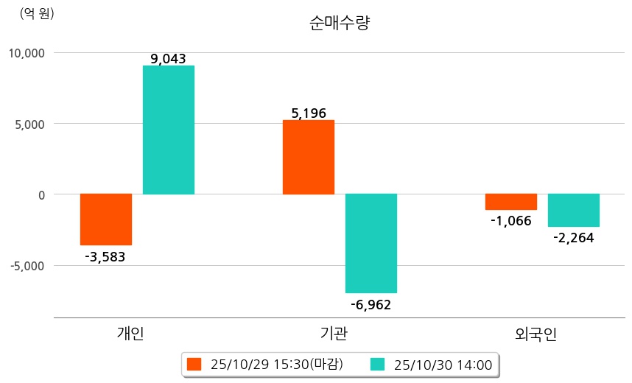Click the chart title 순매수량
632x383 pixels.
pyautogui.click(x=340, y=24)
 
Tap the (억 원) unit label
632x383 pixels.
pyautogui.click(x=37, y=13)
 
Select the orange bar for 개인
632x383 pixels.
pyautogui.click(x=106, y=219)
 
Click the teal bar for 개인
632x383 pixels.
pyautogui.click(x=169, y=130)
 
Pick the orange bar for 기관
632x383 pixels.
pyautogui.click(x=309, y=158)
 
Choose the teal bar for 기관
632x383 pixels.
pyautogui.click(x=371, y=243)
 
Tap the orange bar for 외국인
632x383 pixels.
pyautogui.click(x=510, y=202)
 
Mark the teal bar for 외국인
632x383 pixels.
pyautogui.click(x=574, y=211)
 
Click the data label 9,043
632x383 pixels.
pyautogui.click(x=167, y=59)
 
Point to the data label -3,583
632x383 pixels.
pyautogui.click(x=105, y=257)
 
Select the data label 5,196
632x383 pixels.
pyautogui.click(x=309, y=113)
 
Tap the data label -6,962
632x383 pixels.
pyautogui.click(x=371, y=304)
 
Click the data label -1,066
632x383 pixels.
pyautogui.click(x=510, y=221)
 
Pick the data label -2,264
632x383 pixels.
pyautogui.click(x=573, y=238)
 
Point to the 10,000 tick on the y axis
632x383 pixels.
pyautogui.click(x=27, y=53)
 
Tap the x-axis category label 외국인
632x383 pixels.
pyautogui.click(x=536, y=334)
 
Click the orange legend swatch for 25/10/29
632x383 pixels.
pyautogui.click(x=194, y=365)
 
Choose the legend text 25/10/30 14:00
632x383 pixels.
pyautogui.click(x=443, y=365)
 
